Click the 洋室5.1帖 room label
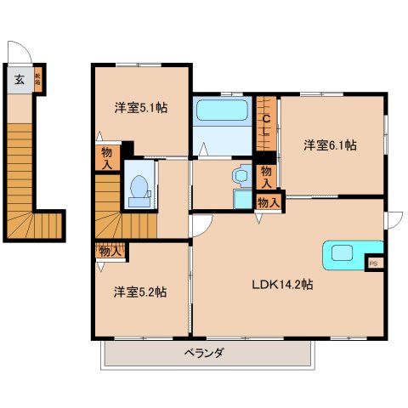(140, 108)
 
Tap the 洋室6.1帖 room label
(330, 145)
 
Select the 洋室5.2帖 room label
(140, 292)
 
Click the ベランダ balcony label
(204, 353)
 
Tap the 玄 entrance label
(19, 82)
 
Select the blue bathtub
(221, 111)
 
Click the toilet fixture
(137, 191)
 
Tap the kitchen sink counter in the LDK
(346, 252)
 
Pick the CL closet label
(266, 126)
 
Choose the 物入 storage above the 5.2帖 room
(110, 251)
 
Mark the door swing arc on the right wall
(392, 219)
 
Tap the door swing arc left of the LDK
(199, 224)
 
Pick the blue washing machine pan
(242, 201)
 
